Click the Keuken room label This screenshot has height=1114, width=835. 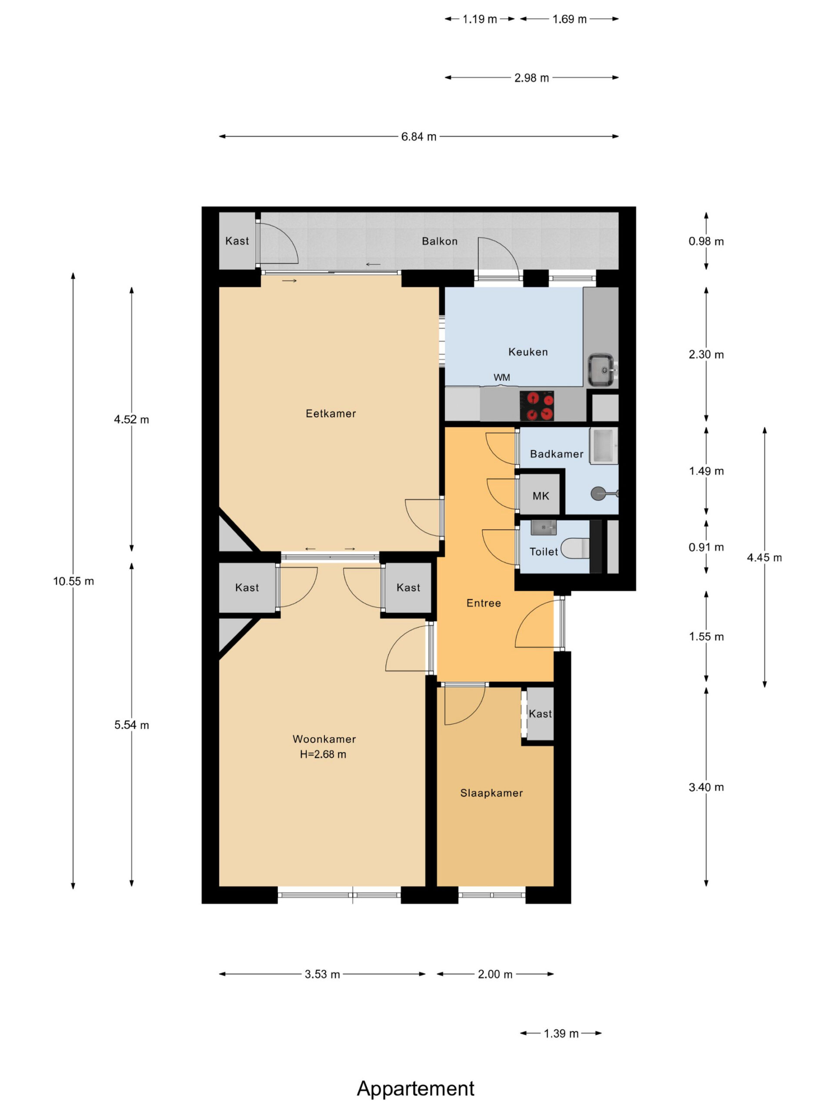click(528, 352)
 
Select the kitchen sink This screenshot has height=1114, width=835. click(602, 370)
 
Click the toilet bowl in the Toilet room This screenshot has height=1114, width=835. click(575, 548)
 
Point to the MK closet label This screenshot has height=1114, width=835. click(541, 496)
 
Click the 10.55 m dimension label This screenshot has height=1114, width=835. click(73, 581)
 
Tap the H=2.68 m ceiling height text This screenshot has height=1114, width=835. click(323, 755)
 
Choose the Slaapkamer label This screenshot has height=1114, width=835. click(491, 793)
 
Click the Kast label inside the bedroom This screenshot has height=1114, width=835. click(540, 714)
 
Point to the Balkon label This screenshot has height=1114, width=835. click(439, 241)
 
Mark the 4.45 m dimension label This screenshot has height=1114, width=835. click(764, 557)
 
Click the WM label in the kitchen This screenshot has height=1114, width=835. click(502, 378)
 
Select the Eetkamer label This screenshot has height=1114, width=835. click(331, 413)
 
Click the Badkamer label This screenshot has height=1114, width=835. click(557, 454)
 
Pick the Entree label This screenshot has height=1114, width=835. click(483, 603)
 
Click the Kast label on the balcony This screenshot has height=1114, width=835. click(237, 241)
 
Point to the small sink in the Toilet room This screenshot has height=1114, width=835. click(544, 527)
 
